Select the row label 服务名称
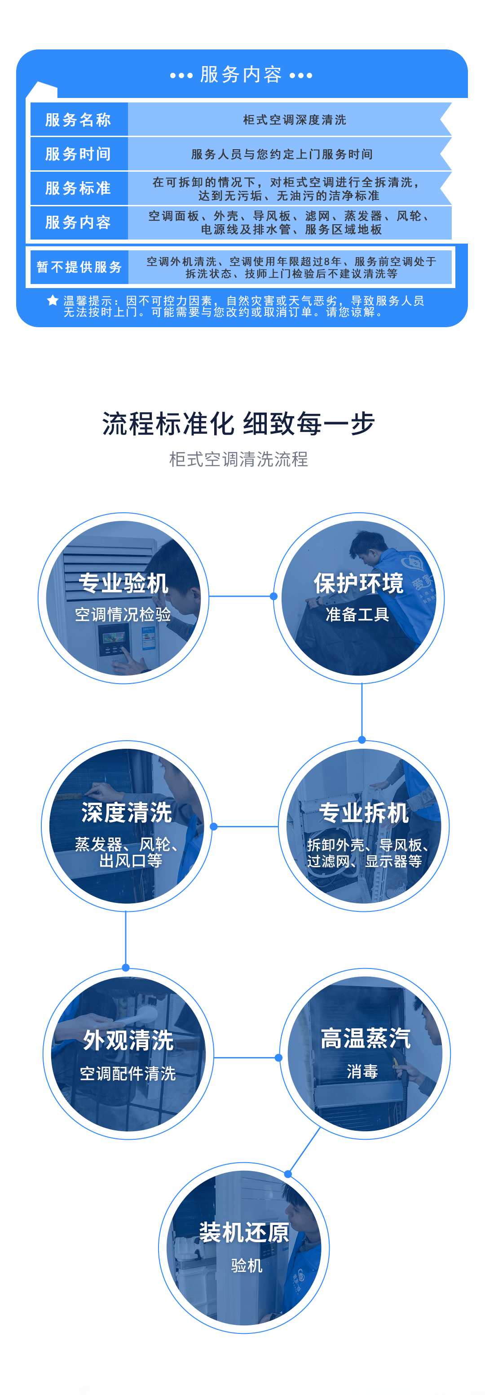[79, 120]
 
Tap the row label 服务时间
[79, 154]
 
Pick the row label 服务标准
[79, 188]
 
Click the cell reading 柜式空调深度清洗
[295, 120]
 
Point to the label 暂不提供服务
[79, 267]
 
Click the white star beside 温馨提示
[53, 300]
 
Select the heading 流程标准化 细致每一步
[239, 423]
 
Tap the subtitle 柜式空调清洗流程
[239, 459]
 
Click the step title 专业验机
[123, 583]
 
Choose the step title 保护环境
[358, 583]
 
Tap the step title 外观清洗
[128, 1040]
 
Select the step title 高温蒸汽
[366, 1038]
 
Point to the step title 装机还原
[244, 1233]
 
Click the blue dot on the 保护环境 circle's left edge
[274, 596]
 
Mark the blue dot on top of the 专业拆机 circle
[362, 740]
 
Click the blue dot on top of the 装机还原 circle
[288, 1174]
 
